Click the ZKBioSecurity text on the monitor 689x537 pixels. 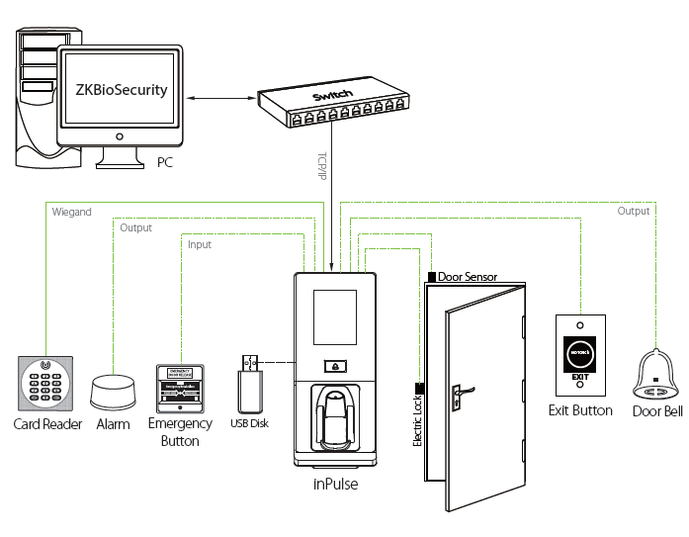122,90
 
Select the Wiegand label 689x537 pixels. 71,212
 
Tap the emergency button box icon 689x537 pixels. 179,388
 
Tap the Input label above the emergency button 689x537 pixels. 200,244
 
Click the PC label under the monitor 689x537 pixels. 165,162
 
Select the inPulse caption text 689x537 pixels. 337,485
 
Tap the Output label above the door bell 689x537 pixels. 634,211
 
